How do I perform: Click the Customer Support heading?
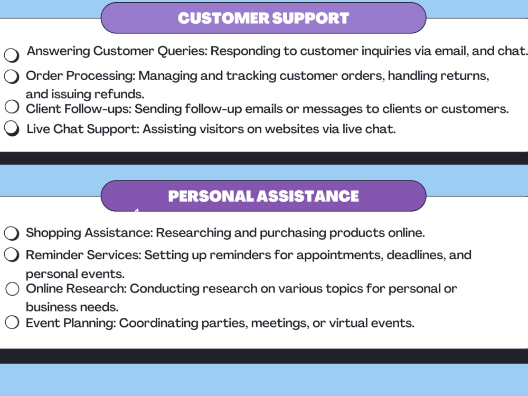pyautogui.click(x=263, y=18)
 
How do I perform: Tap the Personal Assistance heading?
pyautogui.click(x=263, y=196)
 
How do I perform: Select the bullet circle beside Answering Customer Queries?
pyautogui.click(x=12, y=55)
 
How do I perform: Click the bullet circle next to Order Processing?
pyautogui.click(x=12, y=77)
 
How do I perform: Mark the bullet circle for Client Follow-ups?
pyautogui.click(x=12, y=107)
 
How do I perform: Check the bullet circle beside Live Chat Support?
pyautogui.click(x=12, y=128)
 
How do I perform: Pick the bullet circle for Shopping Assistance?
pyautogui.click(x=12, y=233)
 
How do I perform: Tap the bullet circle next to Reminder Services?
pyautogui.click(x=12, y=255)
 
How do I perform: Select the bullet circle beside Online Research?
pyautogui.click(x=13, y=289)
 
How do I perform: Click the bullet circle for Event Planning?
pyautogui.click(x=12, y=322)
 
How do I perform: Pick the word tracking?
pyautogui.click(x=251, y=76)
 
